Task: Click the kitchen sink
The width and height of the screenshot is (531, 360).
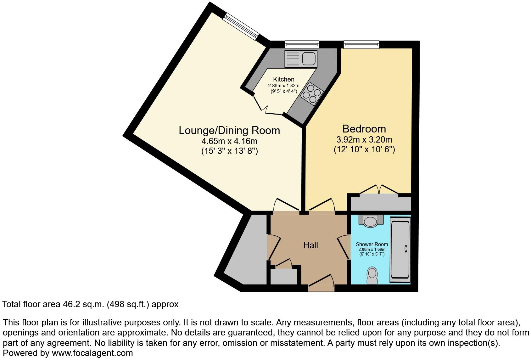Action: (301, 59)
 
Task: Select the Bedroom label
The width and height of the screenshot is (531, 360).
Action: (364, 129)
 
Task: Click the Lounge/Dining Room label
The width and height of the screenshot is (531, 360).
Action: (229, 130)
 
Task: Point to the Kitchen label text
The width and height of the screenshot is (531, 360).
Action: (284, 79)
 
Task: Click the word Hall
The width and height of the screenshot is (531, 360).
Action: (310, 245)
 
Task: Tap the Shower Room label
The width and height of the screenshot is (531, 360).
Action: (372, 244)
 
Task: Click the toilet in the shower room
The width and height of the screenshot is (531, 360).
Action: (372, 275)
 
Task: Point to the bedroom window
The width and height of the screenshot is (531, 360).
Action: (361, 45)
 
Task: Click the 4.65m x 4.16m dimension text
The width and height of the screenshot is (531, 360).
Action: (229, 141)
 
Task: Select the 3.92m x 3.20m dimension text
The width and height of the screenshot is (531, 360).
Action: (364, 139)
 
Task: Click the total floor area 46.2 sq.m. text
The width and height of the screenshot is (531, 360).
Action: (90, 304)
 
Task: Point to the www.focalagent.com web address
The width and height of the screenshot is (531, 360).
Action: (92, 353)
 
